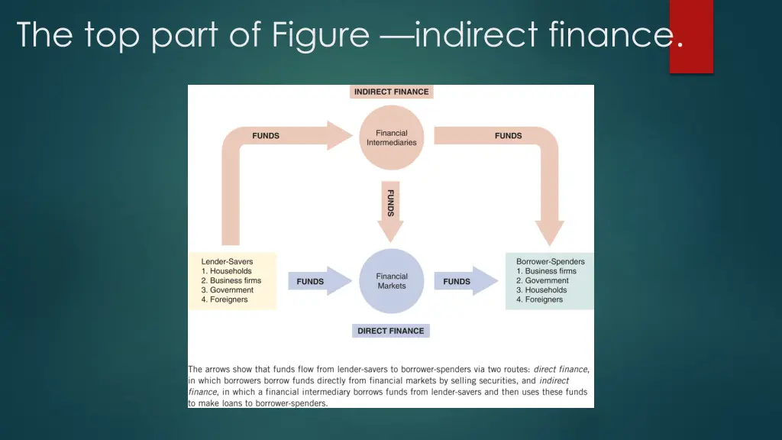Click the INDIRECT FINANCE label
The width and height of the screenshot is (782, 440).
point(392,92)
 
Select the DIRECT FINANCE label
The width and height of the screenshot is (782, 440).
point(390,331)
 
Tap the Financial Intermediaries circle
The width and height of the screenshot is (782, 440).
point(392,137)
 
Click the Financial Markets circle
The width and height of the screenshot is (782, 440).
point(392,281)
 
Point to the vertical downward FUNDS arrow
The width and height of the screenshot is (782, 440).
point(390,212)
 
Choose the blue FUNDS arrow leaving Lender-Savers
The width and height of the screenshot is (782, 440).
point(320,281)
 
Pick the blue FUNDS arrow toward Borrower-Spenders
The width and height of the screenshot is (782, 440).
point(466,281)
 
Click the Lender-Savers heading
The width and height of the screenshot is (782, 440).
point(227,261)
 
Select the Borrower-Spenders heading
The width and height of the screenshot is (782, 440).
point(551,261)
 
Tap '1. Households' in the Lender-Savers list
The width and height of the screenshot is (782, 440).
point(226,271)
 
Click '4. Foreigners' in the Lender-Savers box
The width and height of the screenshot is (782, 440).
point(225,299)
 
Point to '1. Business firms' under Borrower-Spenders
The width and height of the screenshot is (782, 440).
point(546,271)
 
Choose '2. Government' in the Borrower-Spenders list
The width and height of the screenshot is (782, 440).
point(542,280)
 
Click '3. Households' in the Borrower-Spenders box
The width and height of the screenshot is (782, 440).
point(541,290)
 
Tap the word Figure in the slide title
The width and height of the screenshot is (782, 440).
point(320,35)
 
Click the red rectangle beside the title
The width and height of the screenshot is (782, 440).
point(691,37)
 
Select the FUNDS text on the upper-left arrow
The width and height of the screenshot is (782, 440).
point(266,136)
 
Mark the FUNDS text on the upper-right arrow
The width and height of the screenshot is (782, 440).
point(508,136)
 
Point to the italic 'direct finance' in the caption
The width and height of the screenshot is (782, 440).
point(561,369)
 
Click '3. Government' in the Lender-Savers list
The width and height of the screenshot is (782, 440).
point(228,290)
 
